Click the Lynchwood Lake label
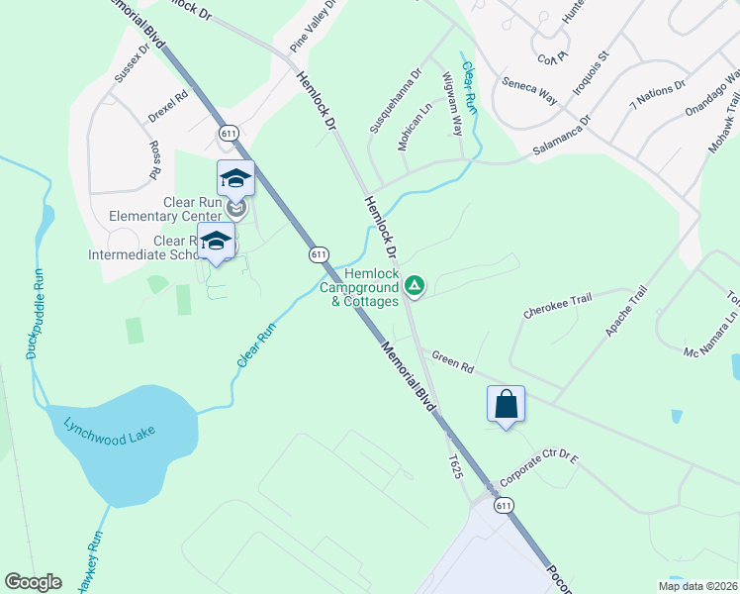click(x=111, y=433)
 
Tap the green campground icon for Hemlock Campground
click(x=416, y=287)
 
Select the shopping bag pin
click(x=506, y=404)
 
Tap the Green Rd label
click(x=453, y=362)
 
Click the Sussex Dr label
click(x=132, y=61)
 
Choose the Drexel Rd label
click(x=168, y=107)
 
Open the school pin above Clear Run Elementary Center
click(x=235, y=178)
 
